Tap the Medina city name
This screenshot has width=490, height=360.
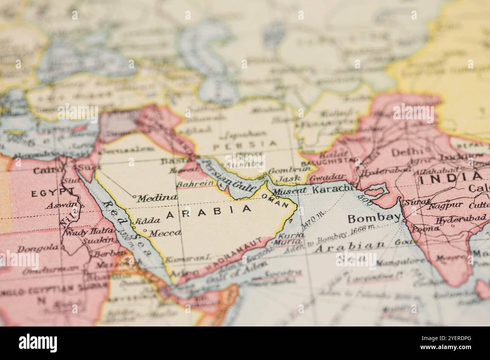tap(156, 198)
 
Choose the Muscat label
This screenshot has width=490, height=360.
tap(289, 192)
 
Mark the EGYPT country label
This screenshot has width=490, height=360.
tap(51, 194)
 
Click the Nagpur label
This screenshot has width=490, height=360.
tap(446, 205)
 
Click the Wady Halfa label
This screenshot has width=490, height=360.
tap(80, 232)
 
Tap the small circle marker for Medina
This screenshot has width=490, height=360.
tap(134, 196)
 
